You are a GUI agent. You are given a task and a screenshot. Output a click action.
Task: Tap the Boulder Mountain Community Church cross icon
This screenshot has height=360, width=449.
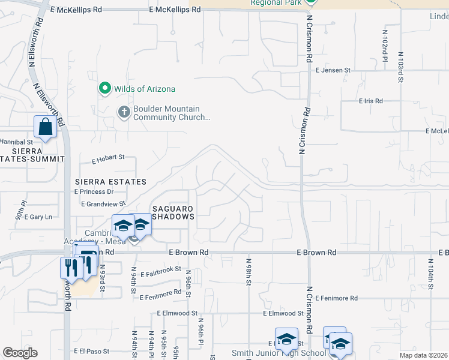(124, 113)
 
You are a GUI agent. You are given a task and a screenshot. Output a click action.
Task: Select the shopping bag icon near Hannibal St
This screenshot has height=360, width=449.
(46, 127)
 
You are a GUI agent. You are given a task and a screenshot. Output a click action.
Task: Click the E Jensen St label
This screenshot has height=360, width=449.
(333, 70)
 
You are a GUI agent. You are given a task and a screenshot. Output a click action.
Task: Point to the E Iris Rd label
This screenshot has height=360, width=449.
(370, 101)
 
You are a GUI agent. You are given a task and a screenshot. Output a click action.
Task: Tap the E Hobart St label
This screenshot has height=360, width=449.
(107, 158)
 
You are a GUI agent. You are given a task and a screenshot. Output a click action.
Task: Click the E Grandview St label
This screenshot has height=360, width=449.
(103, 204)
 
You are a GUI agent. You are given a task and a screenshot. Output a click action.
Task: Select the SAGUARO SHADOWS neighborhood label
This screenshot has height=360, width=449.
(173, 212)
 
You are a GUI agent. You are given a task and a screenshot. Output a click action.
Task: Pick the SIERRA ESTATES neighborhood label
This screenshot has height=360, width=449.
(110, 181)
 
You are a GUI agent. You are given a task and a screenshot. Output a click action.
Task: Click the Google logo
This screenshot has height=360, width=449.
(20, 353)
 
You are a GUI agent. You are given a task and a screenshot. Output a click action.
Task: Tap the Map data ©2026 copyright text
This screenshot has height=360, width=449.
(423, 355)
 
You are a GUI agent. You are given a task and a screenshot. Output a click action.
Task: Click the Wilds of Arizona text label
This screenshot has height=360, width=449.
(146, 89)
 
